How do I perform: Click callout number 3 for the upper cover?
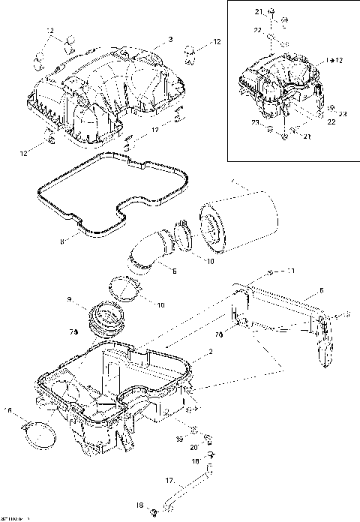tap(170, 39)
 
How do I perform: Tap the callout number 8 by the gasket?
tap(63, 241)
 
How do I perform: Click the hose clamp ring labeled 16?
tap(38, 434)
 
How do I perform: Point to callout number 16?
tap(10, 410)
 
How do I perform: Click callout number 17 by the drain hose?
tap(169, 479)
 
